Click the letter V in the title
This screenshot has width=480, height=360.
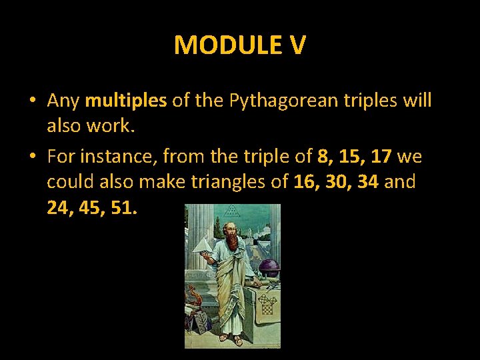click(297, 45)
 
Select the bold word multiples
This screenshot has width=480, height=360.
click(126, 101)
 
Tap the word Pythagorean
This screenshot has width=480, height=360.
click(279, 101)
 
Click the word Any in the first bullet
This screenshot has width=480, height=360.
click(63, 101)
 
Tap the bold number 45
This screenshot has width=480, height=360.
click(93, 208)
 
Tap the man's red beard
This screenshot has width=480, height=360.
click(232, 241)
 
